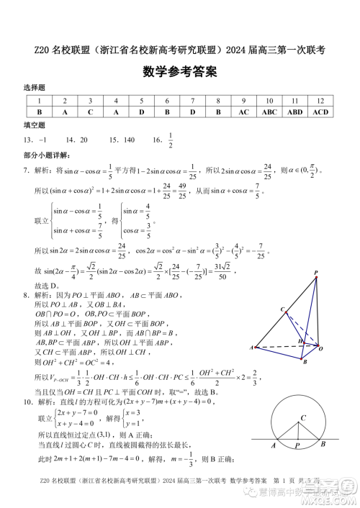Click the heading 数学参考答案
[x=180, y=73]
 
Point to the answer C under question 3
[x=90, y=112]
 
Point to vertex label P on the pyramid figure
[x=316, y=272]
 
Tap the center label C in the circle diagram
[x=303, y=417]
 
